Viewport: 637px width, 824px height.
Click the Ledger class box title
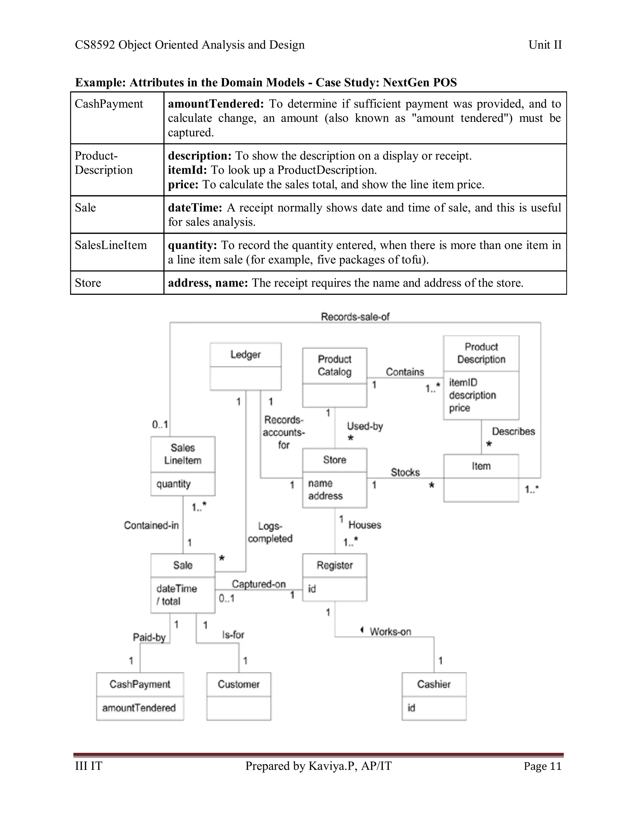click(245, 355)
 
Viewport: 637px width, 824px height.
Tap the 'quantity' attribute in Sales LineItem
click(173, 484)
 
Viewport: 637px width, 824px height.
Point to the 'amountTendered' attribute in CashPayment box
click(139, 708)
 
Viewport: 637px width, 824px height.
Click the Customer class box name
click(239, 684)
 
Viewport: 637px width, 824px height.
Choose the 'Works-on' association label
click(390, 632)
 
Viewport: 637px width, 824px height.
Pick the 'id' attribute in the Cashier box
click(411, 708)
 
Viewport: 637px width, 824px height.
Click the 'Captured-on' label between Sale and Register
click(258, 584)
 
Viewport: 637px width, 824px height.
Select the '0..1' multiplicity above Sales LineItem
click(160, 424)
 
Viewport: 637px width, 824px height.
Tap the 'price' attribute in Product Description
click(459, 408)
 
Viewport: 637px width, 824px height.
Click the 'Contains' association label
click(405, 372)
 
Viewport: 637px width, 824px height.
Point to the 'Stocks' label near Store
click(405, 472)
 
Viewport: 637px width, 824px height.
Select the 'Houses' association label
click(365, 525)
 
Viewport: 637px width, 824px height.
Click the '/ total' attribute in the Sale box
click(168, 601)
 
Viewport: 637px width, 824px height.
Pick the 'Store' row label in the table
click(88, 283)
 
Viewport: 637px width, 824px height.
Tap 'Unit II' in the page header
click(545, 45)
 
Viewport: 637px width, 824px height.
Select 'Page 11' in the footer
click(542, 766)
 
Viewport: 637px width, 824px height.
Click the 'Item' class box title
click(481, 466)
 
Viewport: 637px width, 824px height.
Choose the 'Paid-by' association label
click(149, 637)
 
